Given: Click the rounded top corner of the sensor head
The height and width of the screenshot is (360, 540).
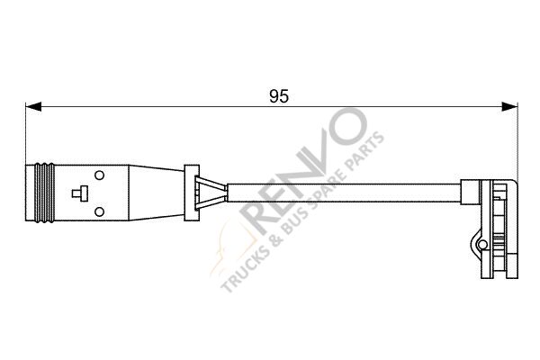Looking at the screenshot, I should point(509,185).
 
